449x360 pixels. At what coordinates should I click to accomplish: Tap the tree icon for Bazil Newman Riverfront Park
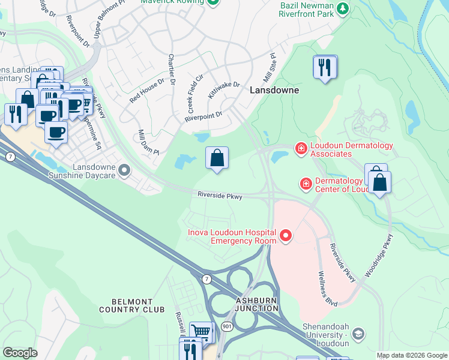click(x=342, y=8)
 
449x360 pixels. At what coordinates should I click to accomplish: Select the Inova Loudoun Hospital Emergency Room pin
click(x=286, y=236)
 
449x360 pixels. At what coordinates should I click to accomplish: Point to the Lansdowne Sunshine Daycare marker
click(x=124, y=171)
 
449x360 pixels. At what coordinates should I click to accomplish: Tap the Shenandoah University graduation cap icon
click(x=358, y=334)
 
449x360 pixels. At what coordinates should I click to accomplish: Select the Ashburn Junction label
click(x=257, y=304)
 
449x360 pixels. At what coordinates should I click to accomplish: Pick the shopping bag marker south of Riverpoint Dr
click(x=217, y=158)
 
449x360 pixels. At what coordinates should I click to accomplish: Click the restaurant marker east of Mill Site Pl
click(x=325, y=67)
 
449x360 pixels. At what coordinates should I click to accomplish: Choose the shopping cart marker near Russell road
click(x=201, y=332)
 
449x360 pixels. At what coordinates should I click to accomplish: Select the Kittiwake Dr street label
click(x=223, y=91)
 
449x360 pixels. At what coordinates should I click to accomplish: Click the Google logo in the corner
click(x=20, y=352)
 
